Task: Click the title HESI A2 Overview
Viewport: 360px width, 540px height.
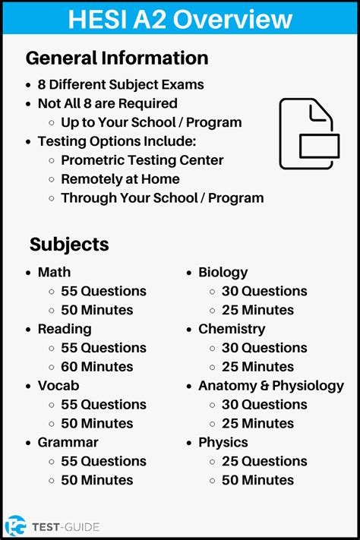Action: coord(180,18)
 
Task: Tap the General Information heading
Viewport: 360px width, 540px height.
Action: coord(117,58)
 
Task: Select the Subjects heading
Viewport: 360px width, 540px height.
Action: coord(69,245)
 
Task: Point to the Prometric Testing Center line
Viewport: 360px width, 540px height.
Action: coord(142,160)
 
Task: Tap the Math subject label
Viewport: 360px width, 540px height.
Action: coord(54,272)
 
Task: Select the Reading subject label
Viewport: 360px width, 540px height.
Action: coord(65,329)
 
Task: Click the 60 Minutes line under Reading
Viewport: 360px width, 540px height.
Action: coord(96,367)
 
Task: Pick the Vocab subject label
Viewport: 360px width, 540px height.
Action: coord(58,386)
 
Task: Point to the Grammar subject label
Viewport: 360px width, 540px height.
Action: coord(68,442)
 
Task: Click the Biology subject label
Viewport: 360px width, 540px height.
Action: coord(223,272)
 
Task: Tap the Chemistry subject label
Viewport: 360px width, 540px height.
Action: coord(232,329)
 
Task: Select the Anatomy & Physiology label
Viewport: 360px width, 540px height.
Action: coord(271,386)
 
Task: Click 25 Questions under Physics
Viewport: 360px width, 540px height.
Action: coord(264,461)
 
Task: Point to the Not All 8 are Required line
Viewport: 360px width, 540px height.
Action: coord(107,103)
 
